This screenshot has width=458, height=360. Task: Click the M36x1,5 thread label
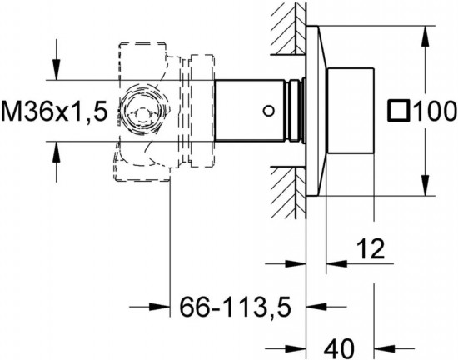[x=55, y=111]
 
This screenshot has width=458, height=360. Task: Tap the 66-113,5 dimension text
[x=236, y=307]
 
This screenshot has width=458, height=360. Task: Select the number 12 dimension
[x=371, y=248]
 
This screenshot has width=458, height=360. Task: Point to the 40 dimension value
[x=339, y=348]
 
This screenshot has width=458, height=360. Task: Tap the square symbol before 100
[x=398, y=111]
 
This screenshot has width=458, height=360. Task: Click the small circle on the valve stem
[x=268, y=111]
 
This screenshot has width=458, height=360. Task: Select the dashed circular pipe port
[x=142, y=111]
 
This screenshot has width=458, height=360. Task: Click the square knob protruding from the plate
[x=351, y=111]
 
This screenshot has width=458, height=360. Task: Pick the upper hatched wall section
[x=288, y=28]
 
